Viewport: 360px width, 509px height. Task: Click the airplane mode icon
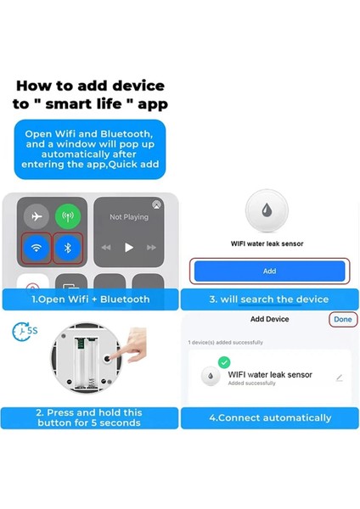pyautogui.click(x=35, y=215)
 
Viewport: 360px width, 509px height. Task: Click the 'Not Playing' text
pyautogui.click(x=128, y=217)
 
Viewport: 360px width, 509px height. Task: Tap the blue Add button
pyautogui.click(x=269, y=271)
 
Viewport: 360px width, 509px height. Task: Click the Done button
pyautogui.click(x=342, y=320)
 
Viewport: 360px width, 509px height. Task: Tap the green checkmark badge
pyautogui.click(x=224, y=362)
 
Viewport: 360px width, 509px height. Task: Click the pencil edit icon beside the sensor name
pyautogui.click(x=340, y=378)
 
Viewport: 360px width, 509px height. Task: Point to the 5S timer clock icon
pyautogui.click(x=23, y=331)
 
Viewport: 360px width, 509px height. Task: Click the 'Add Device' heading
pyautogui.click(x=269, y=320)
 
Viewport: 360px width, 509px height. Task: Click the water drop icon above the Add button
pyautogui.click(x=269, y=210)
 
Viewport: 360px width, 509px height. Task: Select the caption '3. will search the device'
pyautogui.click(x=269, y=299)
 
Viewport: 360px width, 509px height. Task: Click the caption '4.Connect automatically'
pyautogui.click(x=269, y=417)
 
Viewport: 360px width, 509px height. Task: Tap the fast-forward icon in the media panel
pyautogui.click(x=151, y=248)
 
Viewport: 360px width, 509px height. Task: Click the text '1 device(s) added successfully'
pyautogui.click(x=225, y=342)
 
